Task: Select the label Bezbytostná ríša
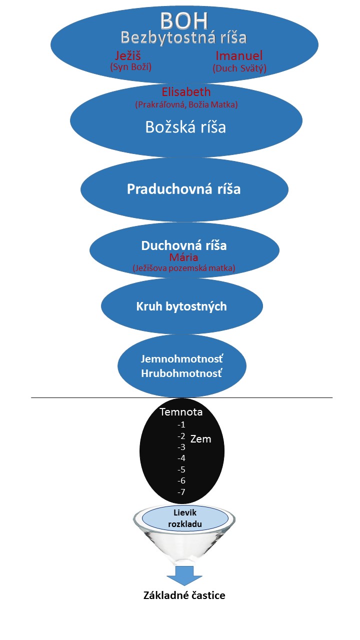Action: point(184,37)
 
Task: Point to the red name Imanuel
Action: point(239,55)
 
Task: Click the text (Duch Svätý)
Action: point(239,68)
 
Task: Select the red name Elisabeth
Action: point(186,92)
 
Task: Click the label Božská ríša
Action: point(185,127)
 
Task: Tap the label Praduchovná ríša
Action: point(183,189)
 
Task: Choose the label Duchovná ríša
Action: point(183,245)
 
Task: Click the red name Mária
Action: point(183,257)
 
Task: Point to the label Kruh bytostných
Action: point(181,306)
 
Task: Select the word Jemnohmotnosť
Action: point(181,359)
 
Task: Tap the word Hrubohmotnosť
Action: point(181,373)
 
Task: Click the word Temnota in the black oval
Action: point(180,412)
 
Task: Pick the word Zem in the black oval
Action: point(200,439)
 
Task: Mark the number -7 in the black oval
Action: point(181,492)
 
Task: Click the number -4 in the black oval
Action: point(181,458)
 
